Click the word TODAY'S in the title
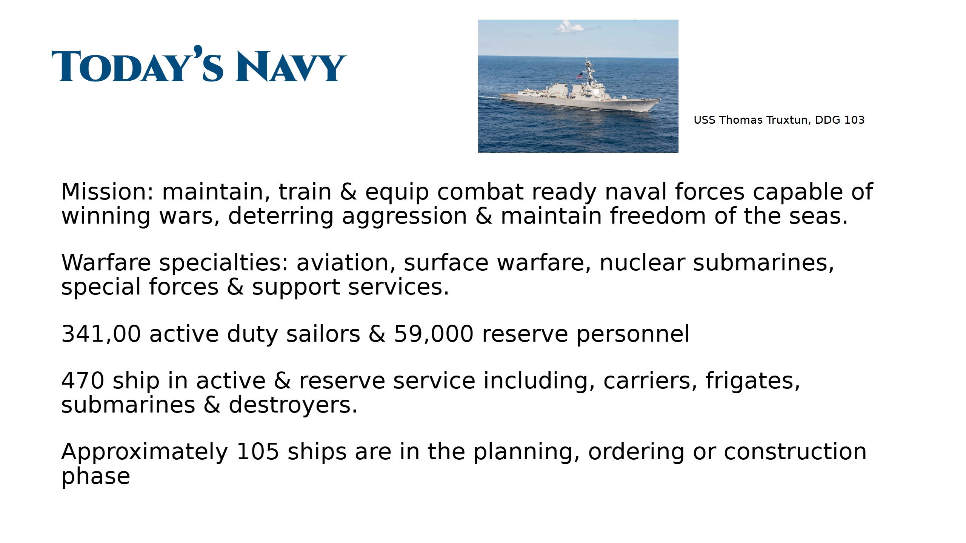(x=137, y=64)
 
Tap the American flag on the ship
(x=580, y=75)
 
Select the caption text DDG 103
(x=840, y=120)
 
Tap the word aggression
(x=404, y=217)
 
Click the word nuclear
(x=642, y=262)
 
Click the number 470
(x=83, y=381)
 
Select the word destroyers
(x=293, y=405)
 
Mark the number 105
(x=258, y=452)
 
